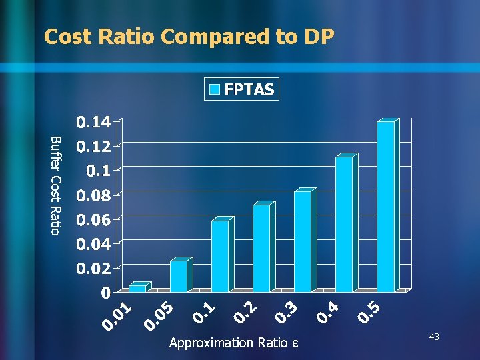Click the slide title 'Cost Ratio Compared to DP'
click(x=189, y=37)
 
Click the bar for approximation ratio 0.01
click(x=137, y=288)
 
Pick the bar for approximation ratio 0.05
click(x=179, y=276)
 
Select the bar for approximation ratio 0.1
click(x=220, y=256)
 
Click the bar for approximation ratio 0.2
click(x=261, y=248)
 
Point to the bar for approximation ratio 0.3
click(x=303, y=241)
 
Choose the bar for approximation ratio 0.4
click(x=344, y=224)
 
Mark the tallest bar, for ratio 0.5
click(x=385, y=207)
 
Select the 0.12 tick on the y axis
click(x=93, y=146)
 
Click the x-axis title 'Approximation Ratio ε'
click(x=233, y=343)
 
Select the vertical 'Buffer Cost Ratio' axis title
click(x=56, y=185)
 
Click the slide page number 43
click(x=434, y=337)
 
